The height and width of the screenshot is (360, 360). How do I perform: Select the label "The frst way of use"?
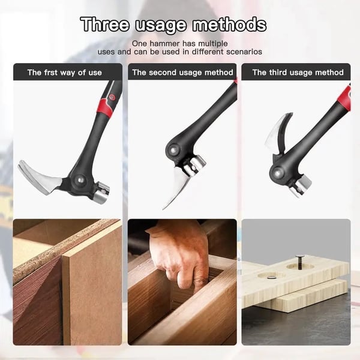[65, 73]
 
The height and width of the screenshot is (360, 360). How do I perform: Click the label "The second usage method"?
[182, 73]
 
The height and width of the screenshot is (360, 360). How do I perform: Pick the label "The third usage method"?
[298, 73]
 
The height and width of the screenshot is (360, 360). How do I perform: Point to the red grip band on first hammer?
[104, 107]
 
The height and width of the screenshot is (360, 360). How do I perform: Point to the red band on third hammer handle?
[344, 97]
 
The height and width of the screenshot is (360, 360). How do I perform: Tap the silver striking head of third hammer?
[299, 186]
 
